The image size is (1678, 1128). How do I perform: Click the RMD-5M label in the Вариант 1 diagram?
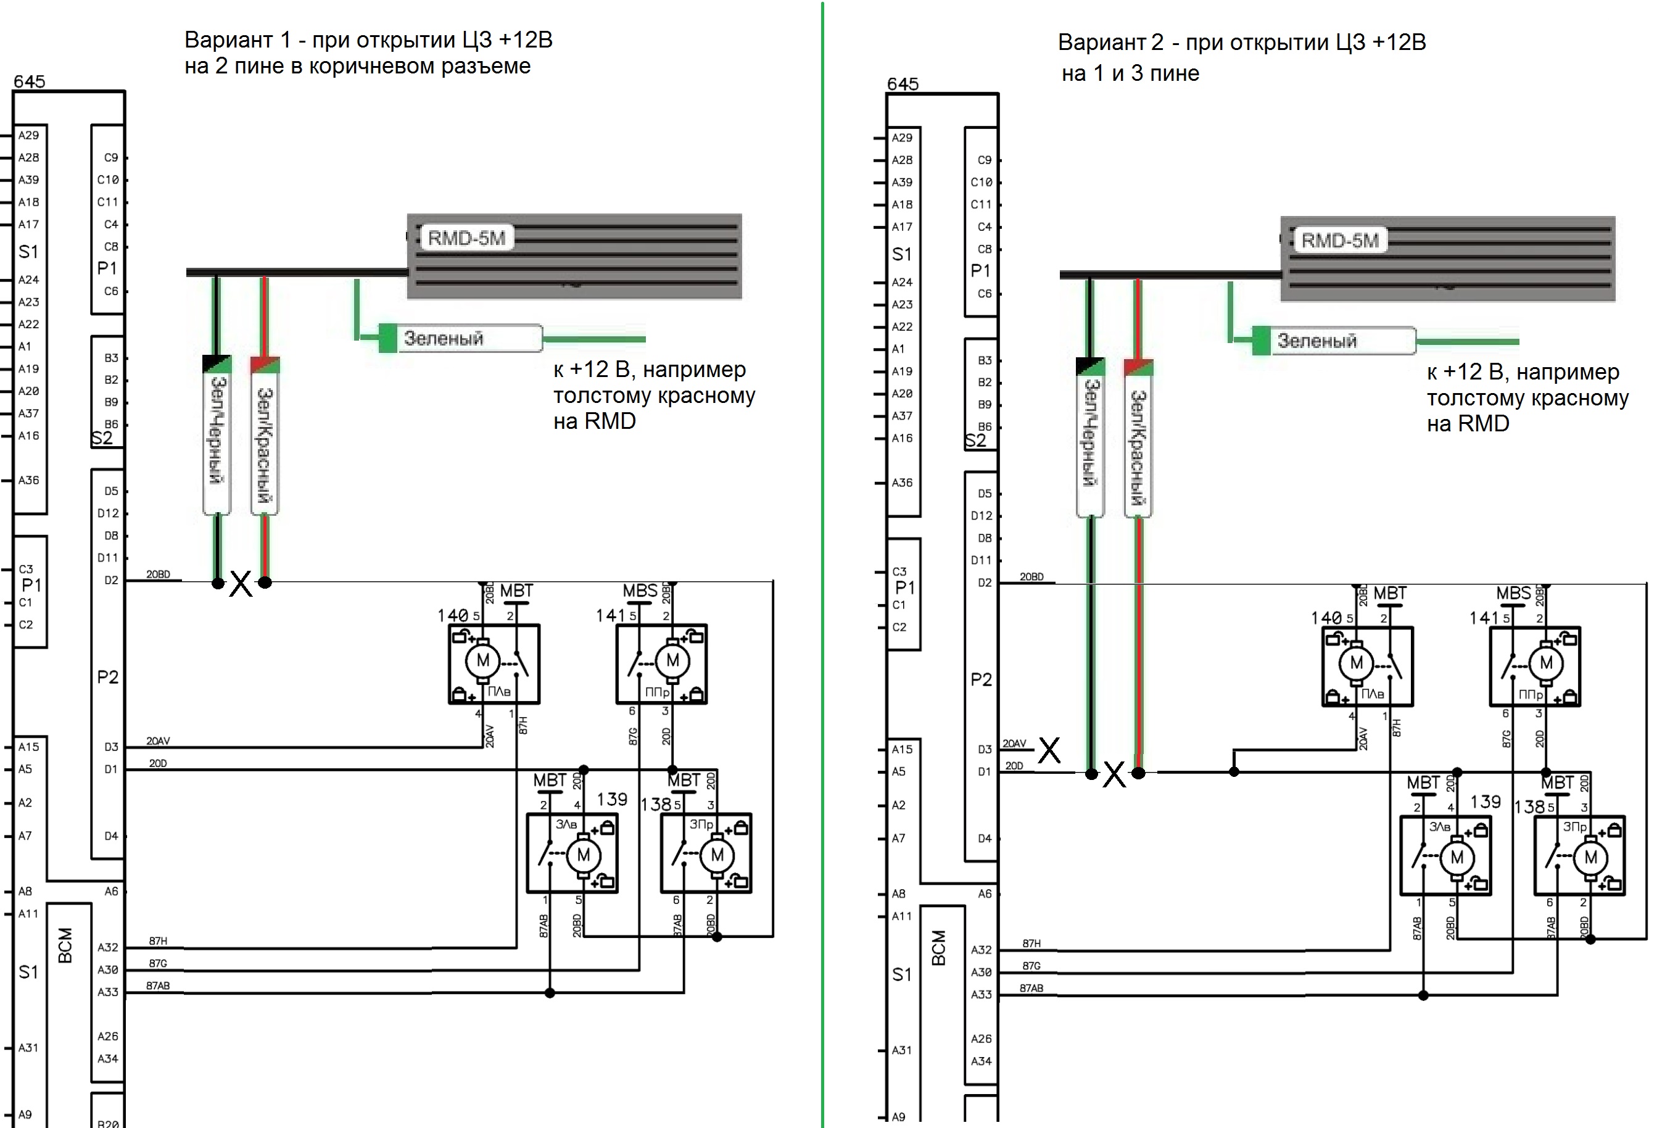point(467,238)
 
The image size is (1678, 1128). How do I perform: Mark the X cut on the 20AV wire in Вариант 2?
point(1049,750)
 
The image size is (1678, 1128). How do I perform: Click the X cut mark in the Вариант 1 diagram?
point(241,583)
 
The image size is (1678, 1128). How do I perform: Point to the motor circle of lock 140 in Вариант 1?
point(482,660)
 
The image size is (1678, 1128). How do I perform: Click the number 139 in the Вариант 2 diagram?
point(1486,802)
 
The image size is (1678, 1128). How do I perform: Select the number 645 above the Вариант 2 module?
point(903,84)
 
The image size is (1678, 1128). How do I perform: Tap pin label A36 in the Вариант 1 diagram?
point(29,480)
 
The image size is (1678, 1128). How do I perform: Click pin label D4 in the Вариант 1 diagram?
point(111,836)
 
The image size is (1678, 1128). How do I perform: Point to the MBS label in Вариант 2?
point(1513,594)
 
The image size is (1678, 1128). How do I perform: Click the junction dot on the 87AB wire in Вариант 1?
point(550,993)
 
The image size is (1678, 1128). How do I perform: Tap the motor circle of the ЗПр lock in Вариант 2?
point(1590,858)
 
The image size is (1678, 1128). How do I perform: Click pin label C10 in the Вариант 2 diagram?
point(981,182)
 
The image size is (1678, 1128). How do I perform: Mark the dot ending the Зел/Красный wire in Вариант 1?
point(265,582)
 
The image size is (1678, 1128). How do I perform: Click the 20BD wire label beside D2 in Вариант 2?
point(1031,577)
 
